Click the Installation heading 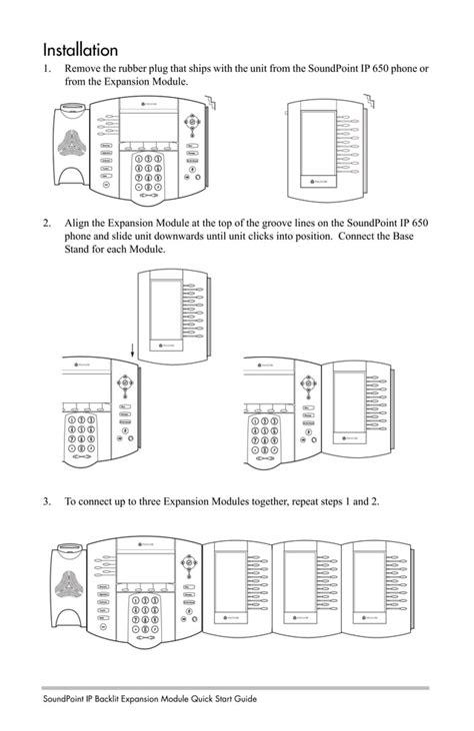(x=80, y=49)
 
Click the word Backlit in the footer (x=118, y=699)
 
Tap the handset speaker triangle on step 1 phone (x=75, y=144)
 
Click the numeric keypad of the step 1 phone (x=148, y=173)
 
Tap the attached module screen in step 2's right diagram (x=348, y=400)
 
